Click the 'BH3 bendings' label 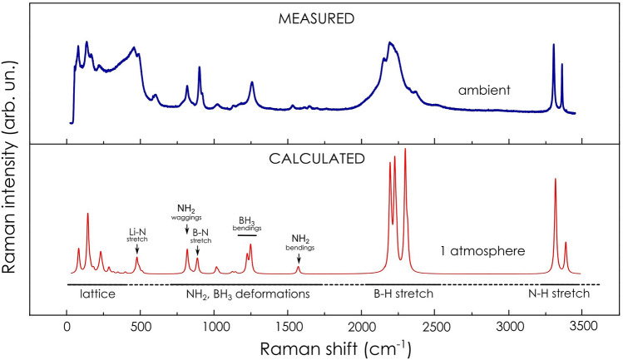click(x=247, y=223)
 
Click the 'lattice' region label click(x=96, y=293)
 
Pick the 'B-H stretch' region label click(x=403, y=293)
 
